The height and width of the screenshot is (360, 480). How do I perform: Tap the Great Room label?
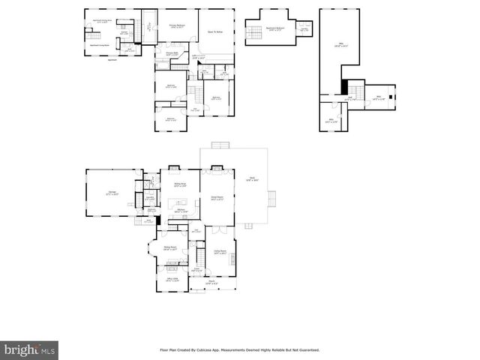tap(217, 199)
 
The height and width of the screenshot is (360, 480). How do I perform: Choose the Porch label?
tap(213, 283)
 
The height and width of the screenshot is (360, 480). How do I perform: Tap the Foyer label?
tap(196, 269)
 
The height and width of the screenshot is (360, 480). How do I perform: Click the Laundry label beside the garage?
tap(150, 198)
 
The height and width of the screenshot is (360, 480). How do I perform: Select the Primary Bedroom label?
tap(177, 25)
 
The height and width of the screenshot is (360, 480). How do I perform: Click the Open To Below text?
tap(216, 32)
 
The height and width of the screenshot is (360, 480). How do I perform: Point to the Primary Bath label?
tap(171, 54)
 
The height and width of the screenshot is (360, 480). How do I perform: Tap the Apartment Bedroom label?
tap(274, 28)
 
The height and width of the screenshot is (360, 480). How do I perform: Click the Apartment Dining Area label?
tap(103, 21)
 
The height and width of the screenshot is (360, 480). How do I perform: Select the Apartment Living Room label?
tap(100, 45)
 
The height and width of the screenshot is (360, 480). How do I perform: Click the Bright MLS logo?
tap(30, 349)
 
